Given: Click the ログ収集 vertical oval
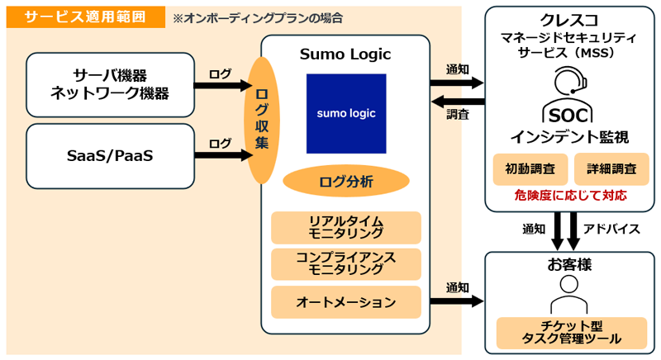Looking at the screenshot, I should coord(261,120).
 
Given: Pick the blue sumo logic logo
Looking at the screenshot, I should coord(345,114).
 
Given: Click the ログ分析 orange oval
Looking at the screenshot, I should coord(345,181).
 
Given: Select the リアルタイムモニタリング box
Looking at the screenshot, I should coord(345,227).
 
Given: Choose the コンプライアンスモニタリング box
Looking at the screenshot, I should coord(345,263).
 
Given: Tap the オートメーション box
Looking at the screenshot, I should coord(345,301).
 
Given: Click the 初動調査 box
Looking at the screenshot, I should coord(530,169).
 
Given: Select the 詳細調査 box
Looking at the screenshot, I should coord(611,169).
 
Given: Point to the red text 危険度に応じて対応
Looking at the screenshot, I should coord(570,196).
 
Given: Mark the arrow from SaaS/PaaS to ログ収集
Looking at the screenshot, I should coord(222,154).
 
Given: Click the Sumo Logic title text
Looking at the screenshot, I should coord(345,54).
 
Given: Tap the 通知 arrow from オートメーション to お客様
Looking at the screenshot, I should coord(456,301).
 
